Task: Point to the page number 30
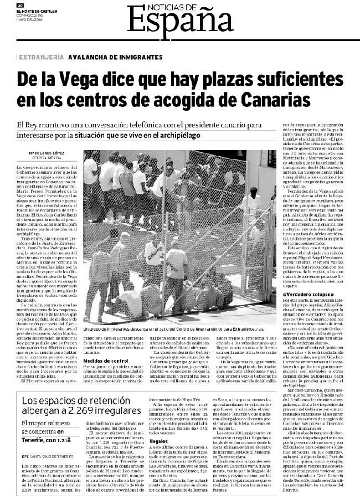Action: click(20, 4)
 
